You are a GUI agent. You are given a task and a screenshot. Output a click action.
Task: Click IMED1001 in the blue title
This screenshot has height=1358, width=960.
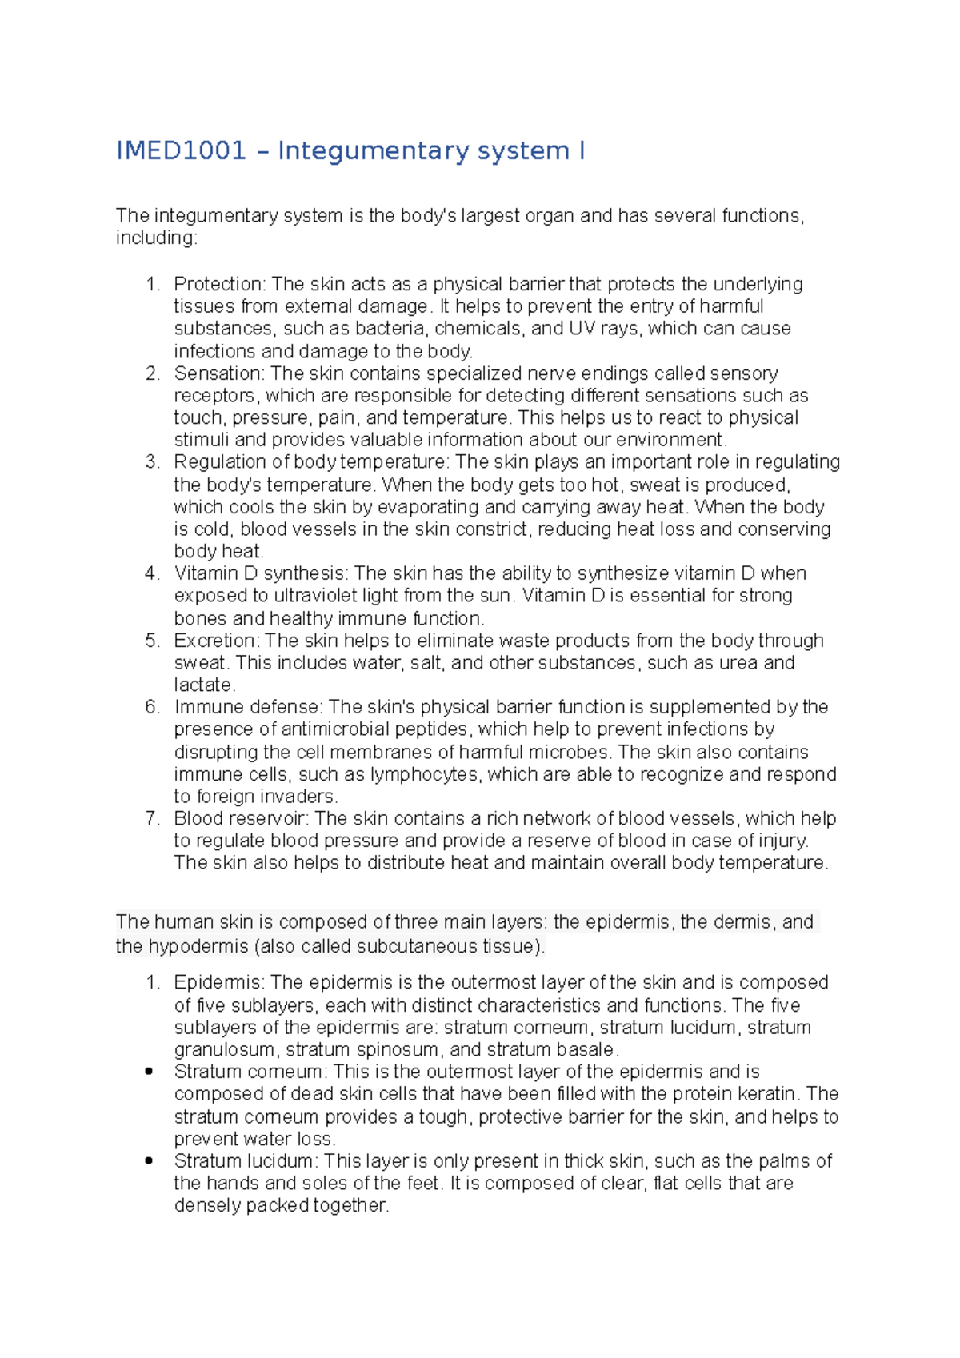tap(181, 150)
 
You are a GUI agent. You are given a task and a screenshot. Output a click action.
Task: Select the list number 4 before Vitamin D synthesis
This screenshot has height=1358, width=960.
tap(151, 573)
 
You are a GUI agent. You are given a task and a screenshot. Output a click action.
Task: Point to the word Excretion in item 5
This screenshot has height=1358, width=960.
tap(216, 641)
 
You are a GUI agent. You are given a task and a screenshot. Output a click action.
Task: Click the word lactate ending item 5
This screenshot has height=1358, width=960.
tap(203, 685)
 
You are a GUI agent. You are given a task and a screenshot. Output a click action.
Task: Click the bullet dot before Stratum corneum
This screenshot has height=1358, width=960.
tap(149, 1072)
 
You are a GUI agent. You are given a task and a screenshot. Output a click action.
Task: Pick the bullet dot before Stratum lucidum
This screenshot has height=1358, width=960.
tap(149, 1161)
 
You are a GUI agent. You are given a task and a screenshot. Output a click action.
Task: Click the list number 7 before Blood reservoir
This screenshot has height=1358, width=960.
tap(151, 819)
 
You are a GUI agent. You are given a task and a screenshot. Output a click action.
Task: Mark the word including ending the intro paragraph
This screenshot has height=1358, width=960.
tap(154, 238)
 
